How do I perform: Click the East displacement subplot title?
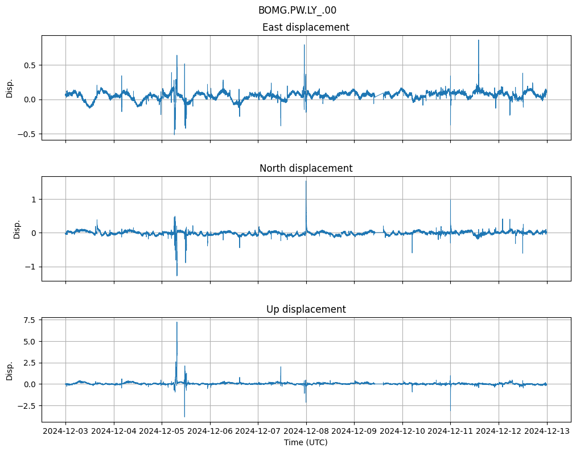tap(306, 27)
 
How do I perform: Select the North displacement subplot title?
tap(306, 168)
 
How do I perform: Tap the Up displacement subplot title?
tap(306, 309)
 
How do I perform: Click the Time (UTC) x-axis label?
tap(306, 442)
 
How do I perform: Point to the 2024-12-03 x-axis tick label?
tap(65, 432)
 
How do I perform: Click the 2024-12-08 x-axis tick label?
tap(306, 432)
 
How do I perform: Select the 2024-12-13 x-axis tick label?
tap(547, 432)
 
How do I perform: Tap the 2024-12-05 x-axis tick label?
tap(162, 432)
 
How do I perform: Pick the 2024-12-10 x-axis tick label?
tap(402, 432)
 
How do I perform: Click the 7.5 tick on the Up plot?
tap(30, 320)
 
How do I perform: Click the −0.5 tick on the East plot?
tap(27, 134)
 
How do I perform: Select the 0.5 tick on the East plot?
tap(30, 65)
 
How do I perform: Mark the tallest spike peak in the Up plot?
tap(177, 322)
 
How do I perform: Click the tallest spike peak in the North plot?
tap(306, 181)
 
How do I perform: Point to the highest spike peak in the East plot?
tap(479, 40)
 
